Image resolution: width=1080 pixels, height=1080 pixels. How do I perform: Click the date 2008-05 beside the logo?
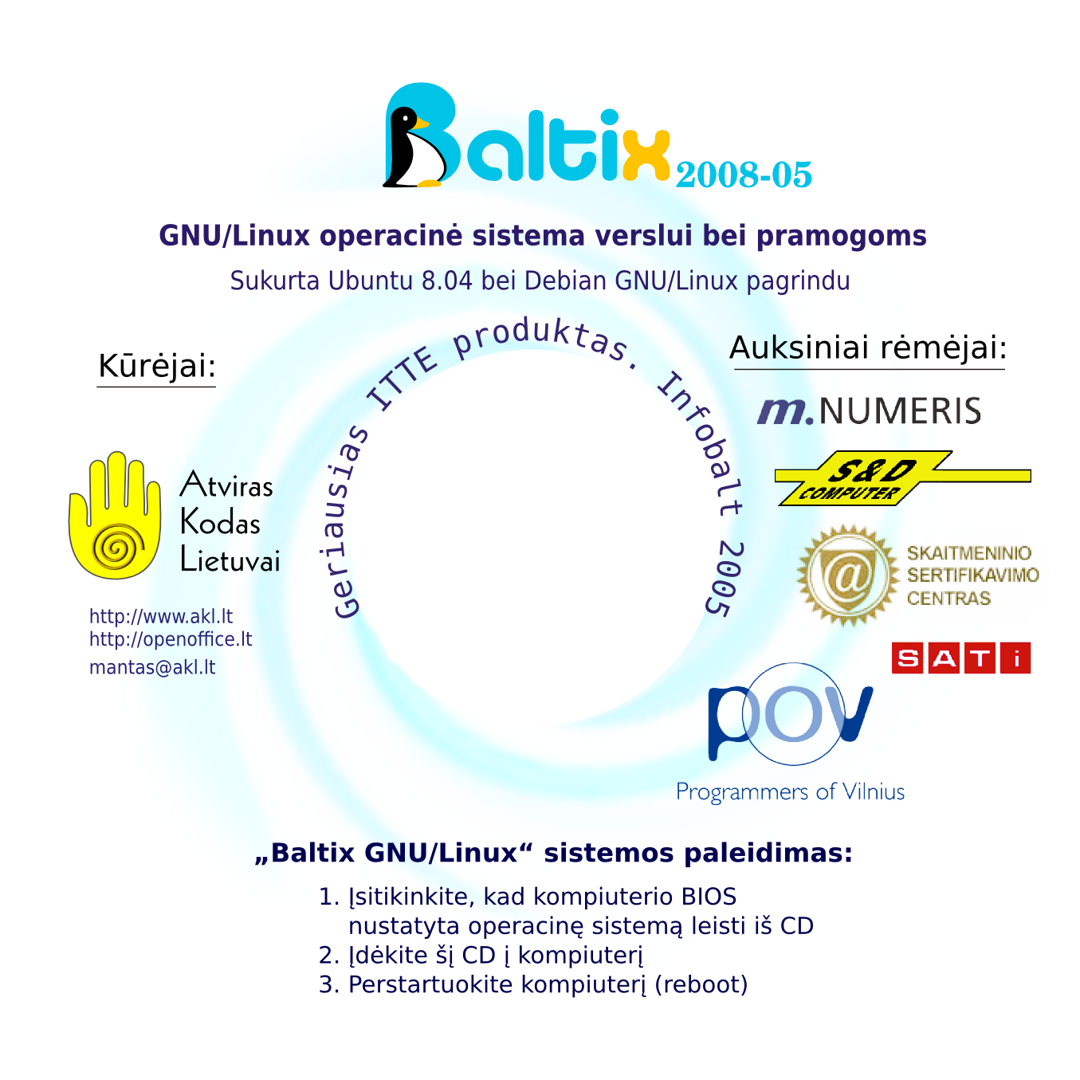point(744,175)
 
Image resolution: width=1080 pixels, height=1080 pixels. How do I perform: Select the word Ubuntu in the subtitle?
point(370,281)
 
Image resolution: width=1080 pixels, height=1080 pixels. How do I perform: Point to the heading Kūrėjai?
point(156,366)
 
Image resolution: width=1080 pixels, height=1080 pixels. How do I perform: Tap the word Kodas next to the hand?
point(220,523)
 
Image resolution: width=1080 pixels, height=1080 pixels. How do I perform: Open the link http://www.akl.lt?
point(160,616)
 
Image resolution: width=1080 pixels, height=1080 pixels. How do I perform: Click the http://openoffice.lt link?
point(171,639)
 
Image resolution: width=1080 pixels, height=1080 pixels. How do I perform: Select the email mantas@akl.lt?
point(152,667)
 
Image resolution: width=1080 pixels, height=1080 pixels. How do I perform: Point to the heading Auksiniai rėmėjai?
point(868,348)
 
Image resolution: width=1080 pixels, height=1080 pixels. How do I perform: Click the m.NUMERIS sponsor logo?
point(869,410)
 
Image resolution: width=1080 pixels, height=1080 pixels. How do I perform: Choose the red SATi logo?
point(960,658)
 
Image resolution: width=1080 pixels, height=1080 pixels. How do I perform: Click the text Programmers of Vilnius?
point(790,791)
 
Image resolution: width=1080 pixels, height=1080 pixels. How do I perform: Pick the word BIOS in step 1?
point(709,897)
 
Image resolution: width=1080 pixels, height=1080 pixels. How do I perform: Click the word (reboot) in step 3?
point(701,984)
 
